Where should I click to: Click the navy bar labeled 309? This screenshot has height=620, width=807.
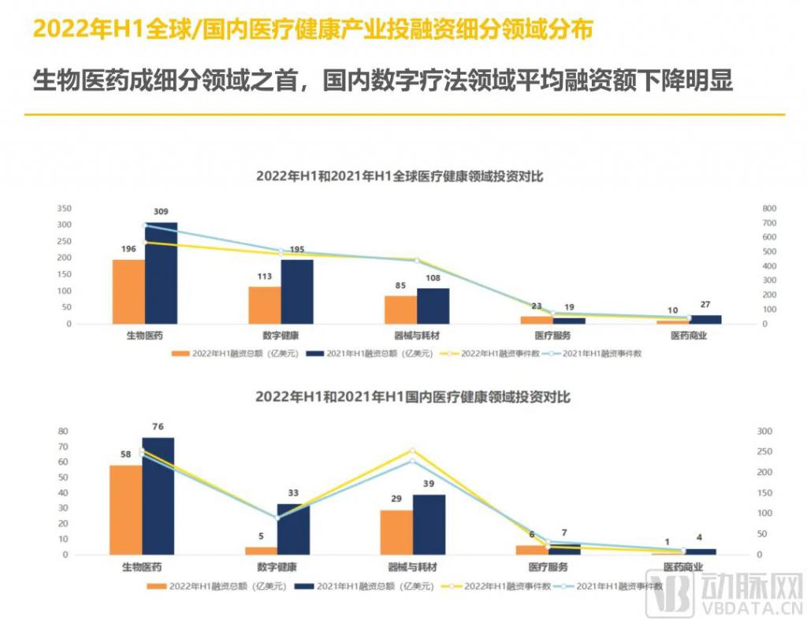click(x=161, y=273)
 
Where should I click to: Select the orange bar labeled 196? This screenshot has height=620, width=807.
click(x=128, y=291)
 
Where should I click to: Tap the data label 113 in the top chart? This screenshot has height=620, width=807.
click(x=265, y=277)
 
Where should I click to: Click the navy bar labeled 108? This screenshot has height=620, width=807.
click(x=433, y=306)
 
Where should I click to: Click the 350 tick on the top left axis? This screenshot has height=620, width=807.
click(x=65, y=209)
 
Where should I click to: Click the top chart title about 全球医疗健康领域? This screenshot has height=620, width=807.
click(x=400, y=176)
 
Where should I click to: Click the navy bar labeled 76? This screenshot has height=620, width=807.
click(x=158, y=496)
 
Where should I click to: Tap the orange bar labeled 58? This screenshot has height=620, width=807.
click(x=125, y=510)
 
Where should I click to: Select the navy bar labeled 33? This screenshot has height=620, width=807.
click(x=293, y=529)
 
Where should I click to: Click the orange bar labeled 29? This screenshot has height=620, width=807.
click(x=396, y=532)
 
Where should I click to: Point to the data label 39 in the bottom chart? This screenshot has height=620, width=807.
click(x=430, y=484)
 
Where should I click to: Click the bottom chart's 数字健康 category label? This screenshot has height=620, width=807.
click(x=277, y=567)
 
